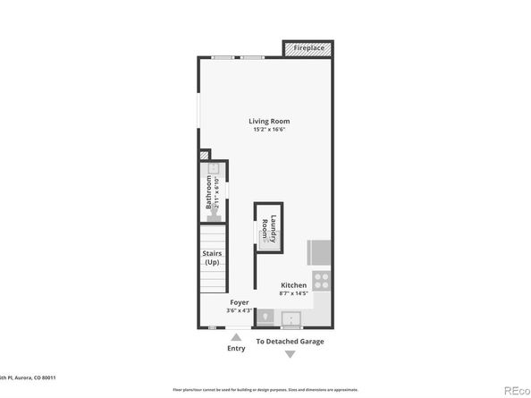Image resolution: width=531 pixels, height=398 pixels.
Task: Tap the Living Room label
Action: click(268, 122)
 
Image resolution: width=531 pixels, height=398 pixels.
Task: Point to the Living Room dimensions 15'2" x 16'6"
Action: click(268, 131)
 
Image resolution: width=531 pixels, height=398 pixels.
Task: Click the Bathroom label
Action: click(209, 192)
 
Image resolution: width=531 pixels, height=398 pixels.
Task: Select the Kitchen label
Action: click(292, 285)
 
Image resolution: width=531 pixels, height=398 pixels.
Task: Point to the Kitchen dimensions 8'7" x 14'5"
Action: click(292, 293)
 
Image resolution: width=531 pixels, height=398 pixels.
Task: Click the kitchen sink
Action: click(291, 318)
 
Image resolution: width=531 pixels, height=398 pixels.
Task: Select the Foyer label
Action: click(239, 302)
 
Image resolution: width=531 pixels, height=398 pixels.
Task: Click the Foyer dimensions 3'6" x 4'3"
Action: click(239, 310)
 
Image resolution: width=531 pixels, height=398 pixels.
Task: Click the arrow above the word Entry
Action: click(236, 336)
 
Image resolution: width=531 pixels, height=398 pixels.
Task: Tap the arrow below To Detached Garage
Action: click(290, 355)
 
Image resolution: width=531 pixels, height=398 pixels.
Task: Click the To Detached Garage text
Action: click(290, 342)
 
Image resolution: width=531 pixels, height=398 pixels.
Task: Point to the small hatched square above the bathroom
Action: click(204, 155)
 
